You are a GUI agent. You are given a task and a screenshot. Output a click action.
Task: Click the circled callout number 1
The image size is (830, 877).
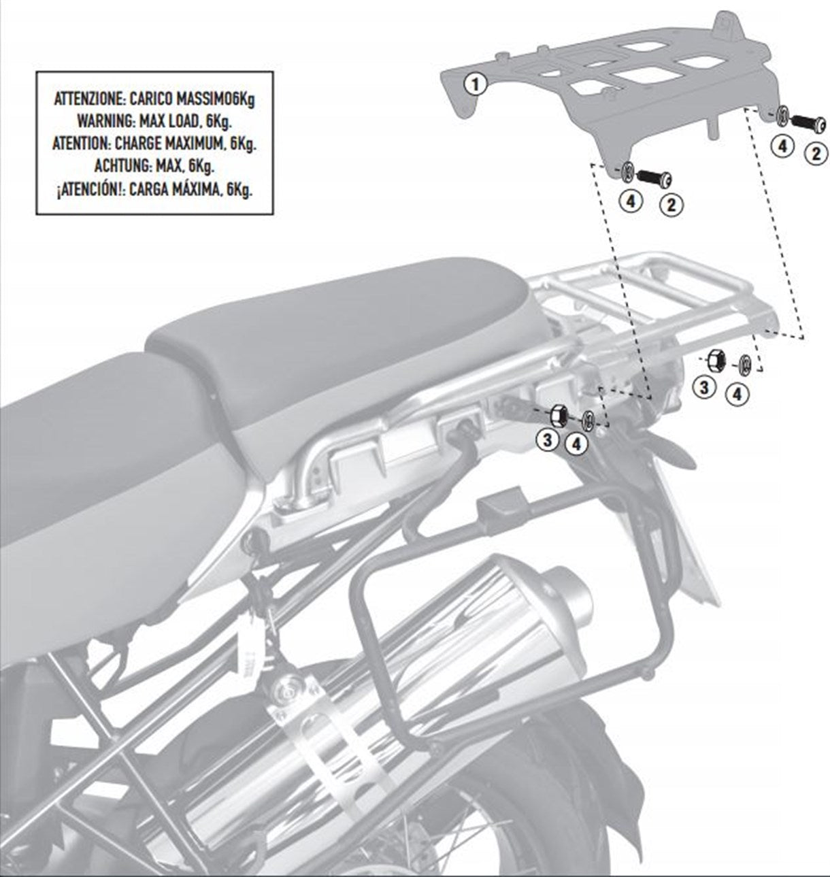pyautogui.click(x=475, y=85)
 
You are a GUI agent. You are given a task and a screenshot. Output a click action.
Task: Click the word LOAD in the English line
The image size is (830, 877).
pyautogui.click(x=179, y=122)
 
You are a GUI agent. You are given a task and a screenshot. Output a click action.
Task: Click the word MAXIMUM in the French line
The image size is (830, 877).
pyautogui.click(x=197, y=145)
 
